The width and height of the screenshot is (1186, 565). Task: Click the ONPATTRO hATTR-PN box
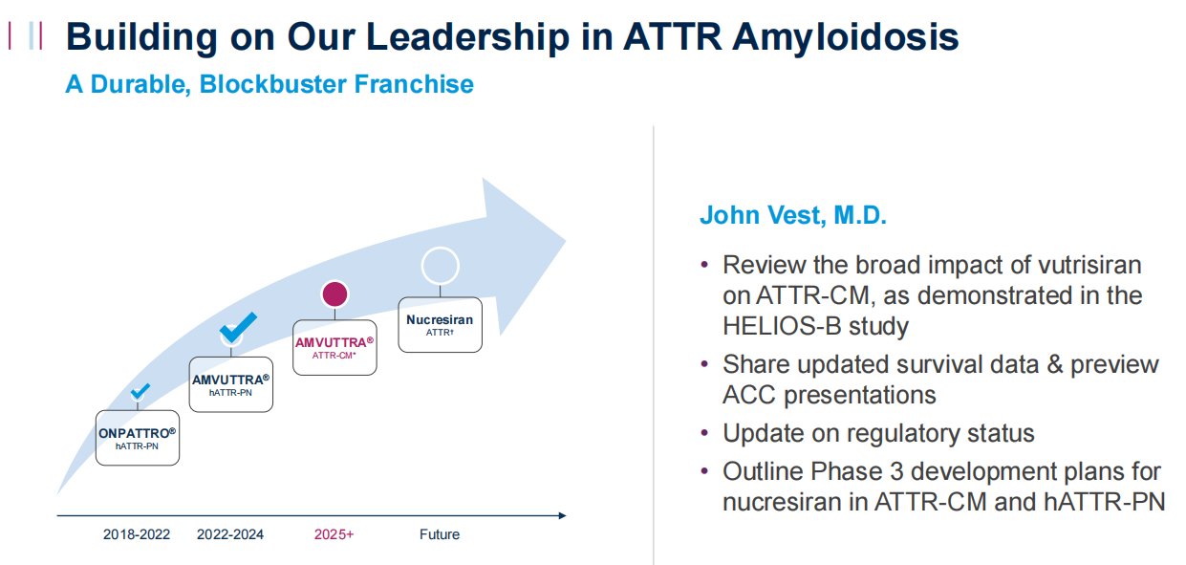tap(137, 438)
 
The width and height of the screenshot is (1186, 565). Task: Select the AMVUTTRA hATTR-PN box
tap(231, 384)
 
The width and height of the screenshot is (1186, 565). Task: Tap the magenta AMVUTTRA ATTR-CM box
tap(334, 347)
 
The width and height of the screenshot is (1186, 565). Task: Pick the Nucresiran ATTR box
tap(440, 325)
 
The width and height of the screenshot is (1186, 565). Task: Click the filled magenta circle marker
tap(334, 293)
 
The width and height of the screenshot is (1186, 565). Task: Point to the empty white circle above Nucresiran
tap(440, 249)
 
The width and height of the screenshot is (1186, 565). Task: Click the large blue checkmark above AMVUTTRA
tap(238, 327)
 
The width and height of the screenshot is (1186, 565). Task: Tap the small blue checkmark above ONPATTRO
tap(140, 391)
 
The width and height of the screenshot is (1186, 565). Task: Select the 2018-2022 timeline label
tap(137, 534)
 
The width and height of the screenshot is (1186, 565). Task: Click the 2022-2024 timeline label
tap(230, 534)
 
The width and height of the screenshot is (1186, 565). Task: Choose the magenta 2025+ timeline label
tap(334, 534)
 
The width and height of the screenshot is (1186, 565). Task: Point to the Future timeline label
tap(440, 534)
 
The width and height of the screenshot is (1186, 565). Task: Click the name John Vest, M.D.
tap(793, 215)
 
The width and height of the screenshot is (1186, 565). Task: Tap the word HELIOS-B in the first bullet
tap(782, 326)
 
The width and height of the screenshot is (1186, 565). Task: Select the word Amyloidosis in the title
tap(845, 37)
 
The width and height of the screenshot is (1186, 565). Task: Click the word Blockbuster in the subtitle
tap(272, 84)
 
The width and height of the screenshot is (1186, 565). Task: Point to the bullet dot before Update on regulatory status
tap(704, 433)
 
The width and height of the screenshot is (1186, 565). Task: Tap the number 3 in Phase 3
tap(896, 472)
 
